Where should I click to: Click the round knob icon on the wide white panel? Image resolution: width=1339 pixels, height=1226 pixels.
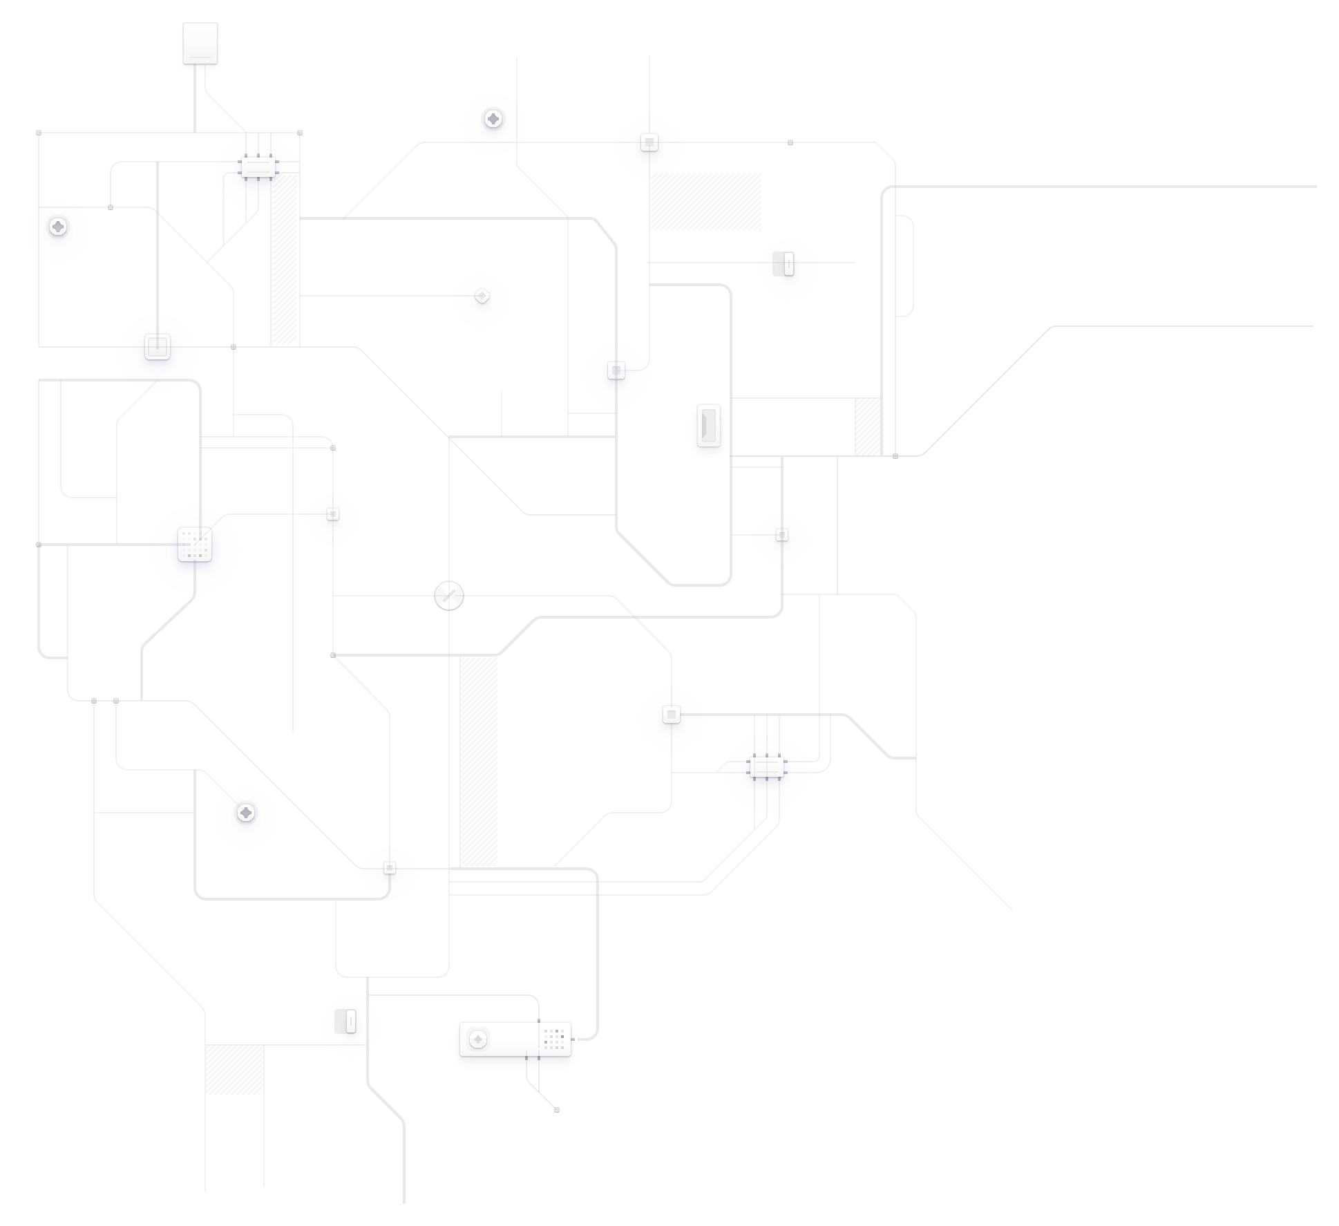click(478, 1039)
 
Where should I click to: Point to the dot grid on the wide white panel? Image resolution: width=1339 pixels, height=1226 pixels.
click(554, 1039)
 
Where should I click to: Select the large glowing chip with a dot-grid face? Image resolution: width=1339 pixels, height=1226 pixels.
click(195, 545)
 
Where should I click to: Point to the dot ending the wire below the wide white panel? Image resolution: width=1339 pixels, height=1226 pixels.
click(557, 1110)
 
